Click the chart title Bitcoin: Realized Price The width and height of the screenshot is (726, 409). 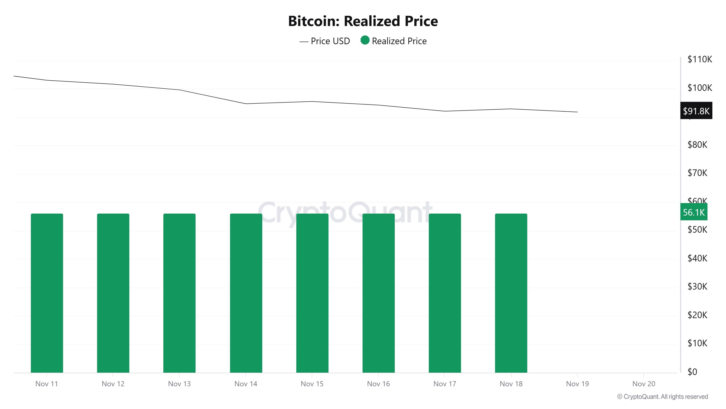click(363, 21)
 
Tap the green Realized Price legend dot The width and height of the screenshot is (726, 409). click(365, 40)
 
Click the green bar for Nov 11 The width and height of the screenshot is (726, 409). click(47, 293)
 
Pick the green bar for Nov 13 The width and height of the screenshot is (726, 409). click(179, 293)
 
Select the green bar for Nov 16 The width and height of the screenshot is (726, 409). click(378, 293)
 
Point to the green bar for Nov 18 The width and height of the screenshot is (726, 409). click(511, 293)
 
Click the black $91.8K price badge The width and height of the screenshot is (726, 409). click(696, 111)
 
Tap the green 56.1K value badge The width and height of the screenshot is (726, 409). click(694, 212)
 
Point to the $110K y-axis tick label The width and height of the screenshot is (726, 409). click(699, 59)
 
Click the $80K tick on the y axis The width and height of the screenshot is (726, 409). click(697, 145)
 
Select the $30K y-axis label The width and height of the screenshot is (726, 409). click(697, 286)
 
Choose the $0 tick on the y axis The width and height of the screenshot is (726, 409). click(692, 372)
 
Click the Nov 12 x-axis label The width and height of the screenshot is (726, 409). click(113, 384)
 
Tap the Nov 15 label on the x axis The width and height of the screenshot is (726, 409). click(312, 384)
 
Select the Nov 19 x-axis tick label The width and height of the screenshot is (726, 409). click(577, 384)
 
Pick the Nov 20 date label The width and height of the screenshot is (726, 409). click(643, 384)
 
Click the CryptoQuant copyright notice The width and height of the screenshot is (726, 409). click(662, 397)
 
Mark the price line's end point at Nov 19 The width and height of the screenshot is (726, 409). click(577, 112)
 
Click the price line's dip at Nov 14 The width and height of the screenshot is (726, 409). click(246, 104)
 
